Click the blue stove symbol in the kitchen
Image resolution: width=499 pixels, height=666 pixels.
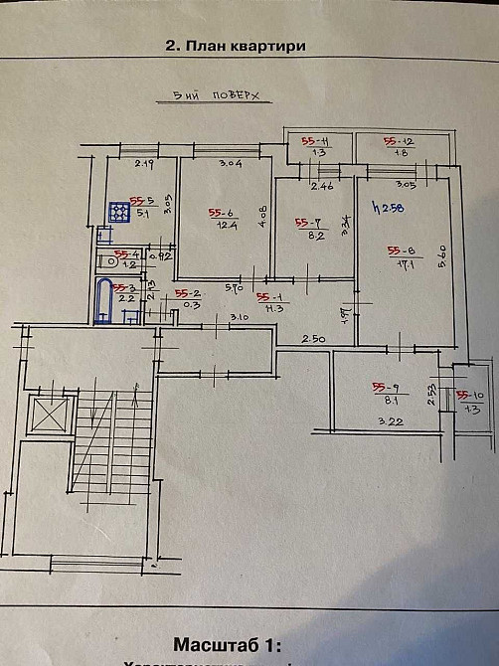(119, 213)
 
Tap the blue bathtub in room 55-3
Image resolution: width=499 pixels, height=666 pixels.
(102, 301)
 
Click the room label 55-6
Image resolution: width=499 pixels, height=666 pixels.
(220, 212)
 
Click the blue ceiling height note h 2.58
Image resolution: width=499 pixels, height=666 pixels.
(381, 208)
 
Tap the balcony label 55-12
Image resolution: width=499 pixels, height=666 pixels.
(399, 141)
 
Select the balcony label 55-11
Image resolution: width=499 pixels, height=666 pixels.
(315, 141)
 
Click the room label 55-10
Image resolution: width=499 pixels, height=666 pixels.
(467, 394)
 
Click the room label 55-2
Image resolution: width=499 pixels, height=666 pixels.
(187, 293)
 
